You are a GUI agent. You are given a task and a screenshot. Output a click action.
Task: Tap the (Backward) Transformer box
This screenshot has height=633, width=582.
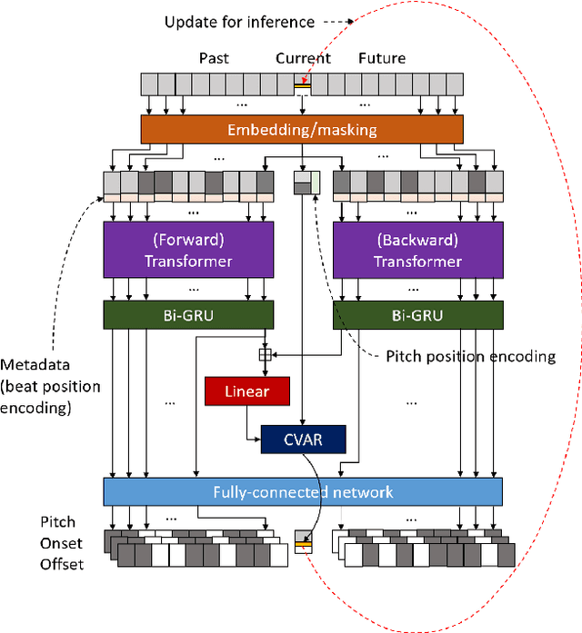tap(417, 252)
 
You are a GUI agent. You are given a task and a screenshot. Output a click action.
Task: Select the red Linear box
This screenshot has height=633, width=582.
tap(236, 391)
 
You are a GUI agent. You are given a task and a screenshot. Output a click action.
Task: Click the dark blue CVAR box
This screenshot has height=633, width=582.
tap(304, 440)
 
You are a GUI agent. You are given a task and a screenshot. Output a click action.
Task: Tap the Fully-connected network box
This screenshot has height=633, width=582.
tap(303, 491)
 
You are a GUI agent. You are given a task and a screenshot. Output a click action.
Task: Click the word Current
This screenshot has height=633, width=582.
tap(303, 58)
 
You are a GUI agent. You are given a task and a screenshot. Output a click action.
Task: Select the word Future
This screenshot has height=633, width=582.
tap(382, 58)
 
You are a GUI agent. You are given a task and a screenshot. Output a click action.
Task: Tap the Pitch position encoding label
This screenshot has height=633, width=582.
tap(465, 356)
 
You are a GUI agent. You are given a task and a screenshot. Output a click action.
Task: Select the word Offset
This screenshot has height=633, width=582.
tap(61, 564)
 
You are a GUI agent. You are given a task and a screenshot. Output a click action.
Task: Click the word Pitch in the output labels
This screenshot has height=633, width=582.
tap(57, 522)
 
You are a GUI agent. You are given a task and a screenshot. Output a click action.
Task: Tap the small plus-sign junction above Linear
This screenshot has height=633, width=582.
tap(266, 356)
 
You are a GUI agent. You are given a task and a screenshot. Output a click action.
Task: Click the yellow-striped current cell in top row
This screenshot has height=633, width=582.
tap(303, 84)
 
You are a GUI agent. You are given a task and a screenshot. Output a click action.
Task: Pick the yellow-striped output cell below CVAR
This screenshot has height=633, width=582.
tap(303, 543)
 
